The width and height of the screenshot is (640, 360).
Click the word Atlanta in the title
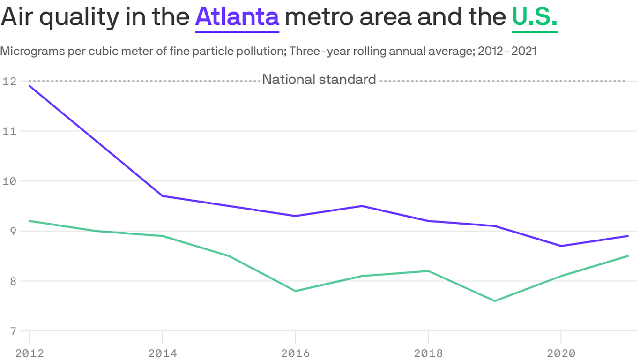(237, 17)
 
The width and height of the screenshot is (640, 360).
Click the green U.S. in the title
(535, 17)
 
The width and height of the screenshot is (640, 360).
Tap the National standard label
(319, 80)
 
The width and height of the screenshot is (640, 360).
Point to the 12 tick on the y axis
(8, 81)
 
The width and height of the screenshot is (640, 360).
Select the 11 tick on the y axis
(8, 131)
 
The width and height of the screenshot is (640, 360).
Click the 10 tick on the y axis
(8, 181)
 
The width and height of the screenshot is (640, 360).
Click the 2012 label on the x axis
(30, 352)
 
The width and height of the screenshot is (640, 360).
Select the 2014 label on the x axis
(162, 352)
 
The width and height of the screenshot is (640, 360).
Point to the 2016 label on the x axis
(295, 352)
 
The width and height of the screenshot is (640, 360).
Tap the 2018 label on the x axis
(428, 352)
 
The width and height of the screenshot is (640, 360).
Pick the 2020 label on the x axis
(561, 352)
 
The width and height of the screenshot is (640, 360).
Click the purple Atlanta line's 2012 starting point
(30, 86)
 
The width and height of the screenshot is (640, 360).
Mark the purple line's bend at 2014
(162, 196)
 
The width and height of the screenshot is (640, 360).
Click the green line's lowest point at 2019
(495, 301)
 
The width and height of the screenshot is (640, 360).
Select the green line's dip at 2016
(295, 291)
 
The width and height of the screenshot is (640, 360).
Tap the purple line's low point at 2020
(561, 246)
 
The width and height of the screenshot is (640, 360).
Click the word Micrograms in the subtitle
(31, 51)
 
